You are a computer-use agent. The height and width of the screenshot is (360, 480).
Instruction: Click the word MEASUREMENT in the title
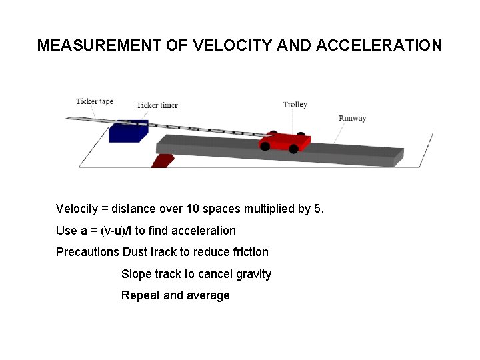tap(98, 45)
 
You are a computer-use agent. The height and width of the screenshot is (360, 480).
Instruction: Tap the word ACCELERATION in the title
tap(379, 45)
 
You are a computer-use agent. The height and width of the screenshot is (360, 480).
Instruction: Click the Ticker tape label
tap(95, 102)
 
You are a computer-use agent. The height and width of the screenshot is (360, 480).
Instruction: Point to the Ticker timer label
tap(157, 105)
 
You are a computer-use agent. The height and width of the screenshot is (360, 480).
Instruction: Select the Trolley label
tap(295, 104)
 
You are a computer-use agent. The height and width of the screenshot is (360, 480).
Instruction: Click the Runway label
tap(352, 119)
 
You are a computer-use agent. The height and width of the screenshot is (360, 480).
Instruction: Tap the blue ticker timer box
tap(127, 131)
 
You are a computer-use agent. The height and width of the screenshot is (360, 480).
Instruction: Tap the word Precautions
tap(87, 252)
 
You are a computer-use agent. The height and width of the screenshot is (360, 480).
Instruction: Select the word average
tap(209, 295)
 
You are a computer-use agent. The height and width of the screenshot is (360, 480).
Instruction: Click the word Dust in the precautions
tap(135, 252)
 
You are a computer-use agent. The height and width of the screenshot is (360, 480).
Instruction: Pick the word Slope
tap(137, 274)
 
